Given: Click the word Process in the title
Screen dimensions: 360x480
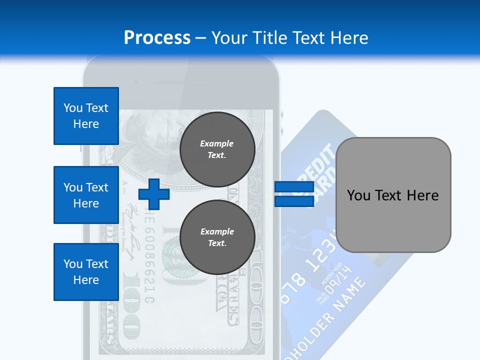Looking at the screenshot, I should (157, 38).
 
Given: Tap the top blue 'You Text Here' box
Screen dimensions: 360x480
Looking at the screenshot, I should (86, 116).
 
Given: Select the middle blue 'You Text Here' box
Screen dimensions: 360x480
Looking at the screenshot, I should (86, 195).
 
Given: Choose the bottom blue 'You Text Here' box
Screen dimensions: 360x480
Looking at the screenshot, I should (86, 272).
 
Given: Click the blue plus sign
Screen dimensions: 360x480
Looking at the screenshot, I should (154, 194).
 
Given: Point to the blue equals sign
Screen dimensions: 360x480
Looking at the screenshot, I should (294, 194).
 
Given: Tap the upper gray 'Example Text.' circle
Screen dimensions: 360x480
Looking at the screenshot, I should (217, 149).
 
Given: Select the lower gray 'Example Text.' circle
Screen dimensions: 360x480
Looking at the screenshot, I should (217, 237).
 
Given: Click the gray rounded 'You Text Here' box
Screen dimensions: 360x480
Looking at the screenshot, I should (393, 195).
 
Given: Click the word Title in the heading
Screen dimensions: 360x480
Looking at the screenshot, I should (270, 38).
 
